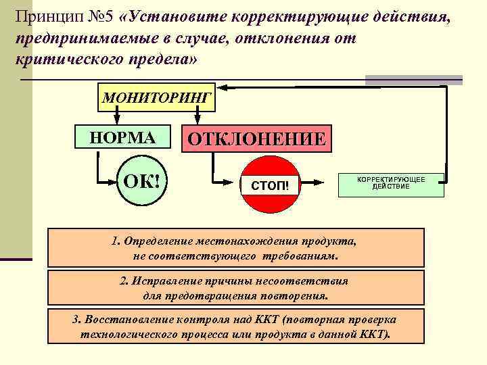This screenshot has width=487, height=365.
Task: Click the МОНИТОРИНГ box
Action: [x=157, y=97]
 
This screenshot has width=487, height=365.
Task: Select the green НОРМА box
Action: [x=122, y=138]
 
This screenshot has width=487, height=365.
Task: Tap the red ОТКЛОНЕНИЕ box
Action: [x=256, y=140]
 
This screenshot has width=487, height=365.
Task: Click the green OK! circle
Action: [x=141, y=182]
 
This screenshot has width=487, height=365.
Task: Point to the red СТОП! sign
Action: [x=270, y=184]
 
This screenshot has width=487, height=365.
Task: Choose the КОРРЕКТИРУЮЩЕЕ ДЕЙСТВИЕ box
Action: [x=391, y=182]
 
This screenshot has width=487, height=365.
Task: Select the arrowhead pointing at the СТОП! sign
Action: [x=237, y=182]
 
